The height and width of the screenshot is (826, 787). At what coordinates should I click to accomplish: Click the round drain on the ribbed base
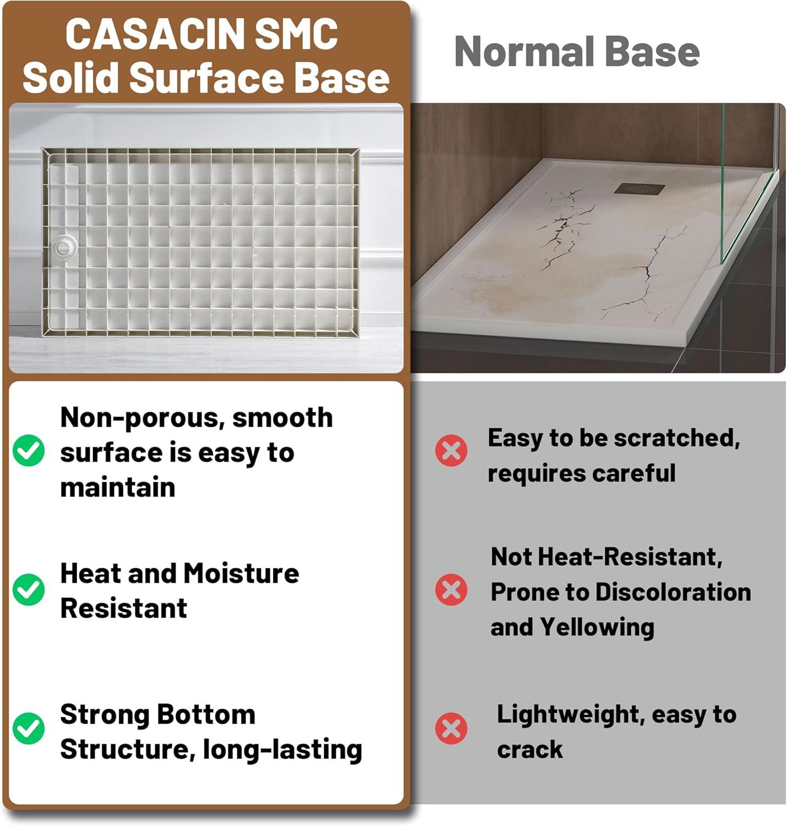65,246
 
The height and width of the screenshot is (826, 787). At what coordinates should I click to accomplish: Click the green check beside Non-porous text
29,451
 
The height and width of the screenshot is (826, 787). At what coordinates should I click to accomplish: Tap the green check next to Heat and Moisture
29,589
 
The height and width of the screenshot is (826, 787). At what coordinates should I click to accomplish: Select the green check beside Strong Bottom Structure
29,729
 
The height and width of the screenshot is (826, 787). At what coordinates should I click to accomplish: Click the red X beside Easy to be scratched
451,451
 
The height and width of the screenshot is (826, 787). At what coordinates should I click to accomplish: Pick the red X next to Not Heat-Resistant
451,590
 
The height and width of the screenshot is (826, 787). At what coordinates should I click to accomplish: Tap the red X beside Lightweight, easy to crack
451,729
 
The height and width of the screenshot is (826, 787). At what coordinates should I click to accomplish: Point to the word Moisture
242,573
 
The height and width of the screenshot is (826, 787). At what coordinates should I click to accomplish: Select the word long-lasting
282,749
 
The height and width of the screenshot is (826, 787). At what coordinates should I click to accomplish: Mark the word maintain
118,487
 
